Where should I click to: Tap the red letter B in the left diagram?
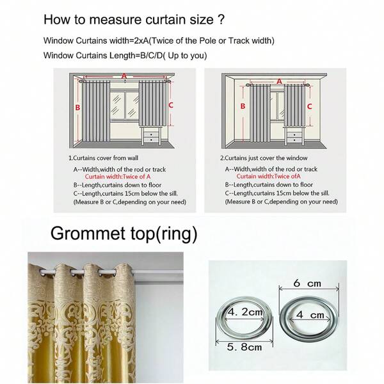click(77, 108)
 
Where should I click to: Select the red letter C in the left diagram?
click(171, 104)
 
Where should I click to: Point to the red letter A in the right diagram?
click(279, 81)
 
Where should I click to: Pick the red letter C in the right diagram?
click(309, 107)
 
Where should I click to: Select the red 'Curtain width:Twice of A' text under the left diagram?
click(118, 177)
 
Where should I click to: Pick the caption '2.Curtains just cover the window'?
click(264, 157)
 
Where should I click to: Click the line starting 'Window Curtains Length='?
click(125, 56)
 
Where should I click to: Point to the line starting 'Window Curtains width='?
click(159, 40)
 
